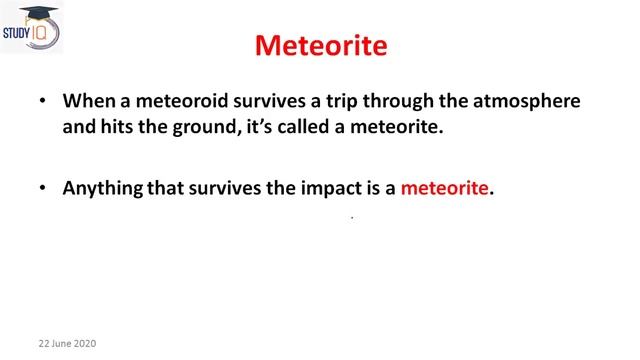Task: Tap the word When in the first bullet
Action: (x=87, y=102)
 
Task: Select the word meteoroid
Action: (x=176, y=102)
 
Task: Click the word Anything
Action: (x=103, y=187)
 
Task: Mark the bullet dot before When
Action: (x=41, y=103)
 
